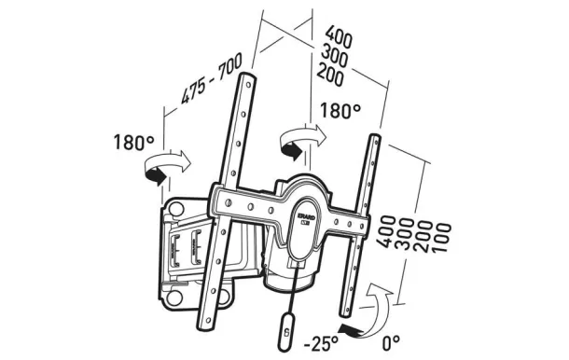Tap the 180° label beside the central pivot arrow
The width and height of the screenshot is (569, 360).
tap(340, 111)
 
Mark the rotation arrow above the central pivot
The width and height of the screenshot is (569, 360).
tap(299, 139)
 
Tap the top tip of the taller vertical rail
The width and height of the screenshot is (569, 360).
tap(250, 76)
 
